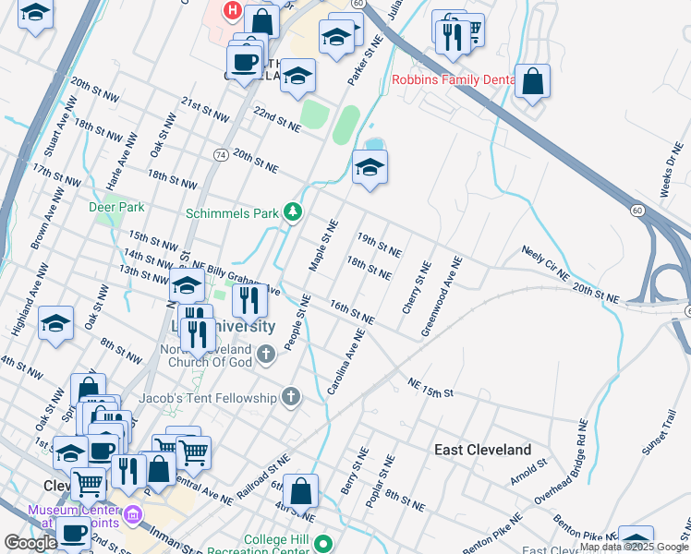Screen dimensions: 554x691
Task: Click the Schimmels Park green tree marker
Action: pyautogui.click(x=293, y=213)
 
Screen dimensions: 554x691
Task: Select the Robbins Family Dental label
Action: pyautogui.click(x=453, y=80)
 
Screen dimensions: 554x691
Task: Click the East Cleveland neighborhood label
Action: pyautogui.click(x=482, y=450)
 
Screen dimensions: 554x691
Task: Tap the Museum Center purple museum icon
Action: pyautogui.click(x=133, y=514)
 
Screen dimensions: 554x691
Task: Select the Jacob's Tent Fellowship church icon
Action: pyautogui.click(x=291, y=398)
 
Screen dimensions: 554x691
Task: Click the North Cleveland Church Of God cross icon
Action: pyautogui.click(x=265, y=354)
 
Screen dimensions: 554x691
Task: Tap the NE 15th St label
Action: pyautogui.click(x=431, y=388)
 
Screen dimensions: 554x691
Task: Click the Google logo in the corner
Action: pyautogui.click(x=30, y=543)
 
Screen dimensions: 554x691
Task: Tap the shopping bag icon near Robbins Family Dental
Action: pyautogui.click(x=532, y=81)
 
